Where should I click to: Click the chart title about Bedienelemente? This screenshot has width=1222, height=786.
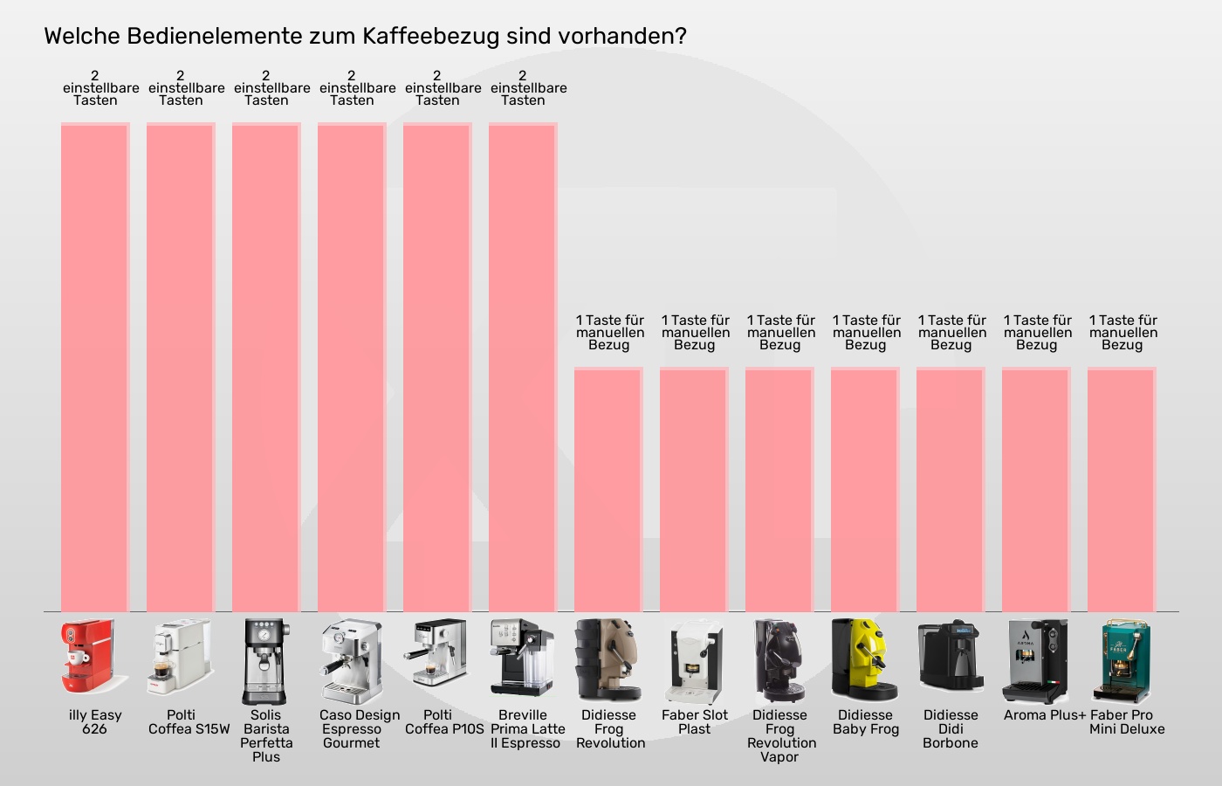365,37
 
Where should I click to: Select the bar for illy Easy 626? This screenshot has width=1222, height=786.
95,367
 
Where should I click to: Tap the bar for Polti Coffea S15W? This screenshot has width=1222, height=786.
181,367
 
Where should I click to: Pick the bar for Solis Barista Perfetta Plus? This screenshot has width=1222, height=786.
266,367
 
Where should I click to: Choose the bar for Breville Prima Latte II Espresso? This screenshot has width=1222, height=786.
523,367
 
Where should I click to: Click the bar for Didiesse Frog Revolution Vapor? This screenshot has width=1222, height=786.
779,489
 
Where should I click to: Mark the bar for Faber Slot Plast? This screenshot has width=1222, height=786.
694,489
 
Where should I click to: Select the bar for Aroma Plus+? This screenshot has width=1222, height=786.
1036,489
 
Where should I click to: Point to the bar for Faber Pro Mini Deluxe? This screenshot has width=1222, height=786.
1122,489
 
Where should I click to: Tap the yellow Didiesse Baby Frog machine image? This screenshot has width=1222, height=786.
864,659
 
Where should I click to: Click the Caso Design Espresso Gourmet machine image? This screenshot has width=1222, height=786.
351,661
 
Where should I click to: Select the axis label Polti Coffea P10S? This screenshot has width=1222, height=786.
443,722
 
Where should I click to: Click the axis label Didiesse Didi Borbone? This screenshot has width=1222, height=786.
951,728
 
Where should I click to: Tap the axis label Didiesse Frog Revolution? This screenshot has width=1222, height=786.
609,728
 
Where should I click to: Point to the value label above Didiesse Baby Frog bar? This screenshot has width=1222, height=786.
866,333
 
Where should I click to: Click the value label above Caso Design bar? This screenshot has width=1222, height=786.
353,88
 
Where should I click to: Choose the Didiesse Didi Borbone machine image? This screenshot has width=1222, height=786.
951,658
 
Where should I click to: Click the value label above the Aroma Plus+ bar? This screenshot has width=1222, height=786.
1037,333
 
